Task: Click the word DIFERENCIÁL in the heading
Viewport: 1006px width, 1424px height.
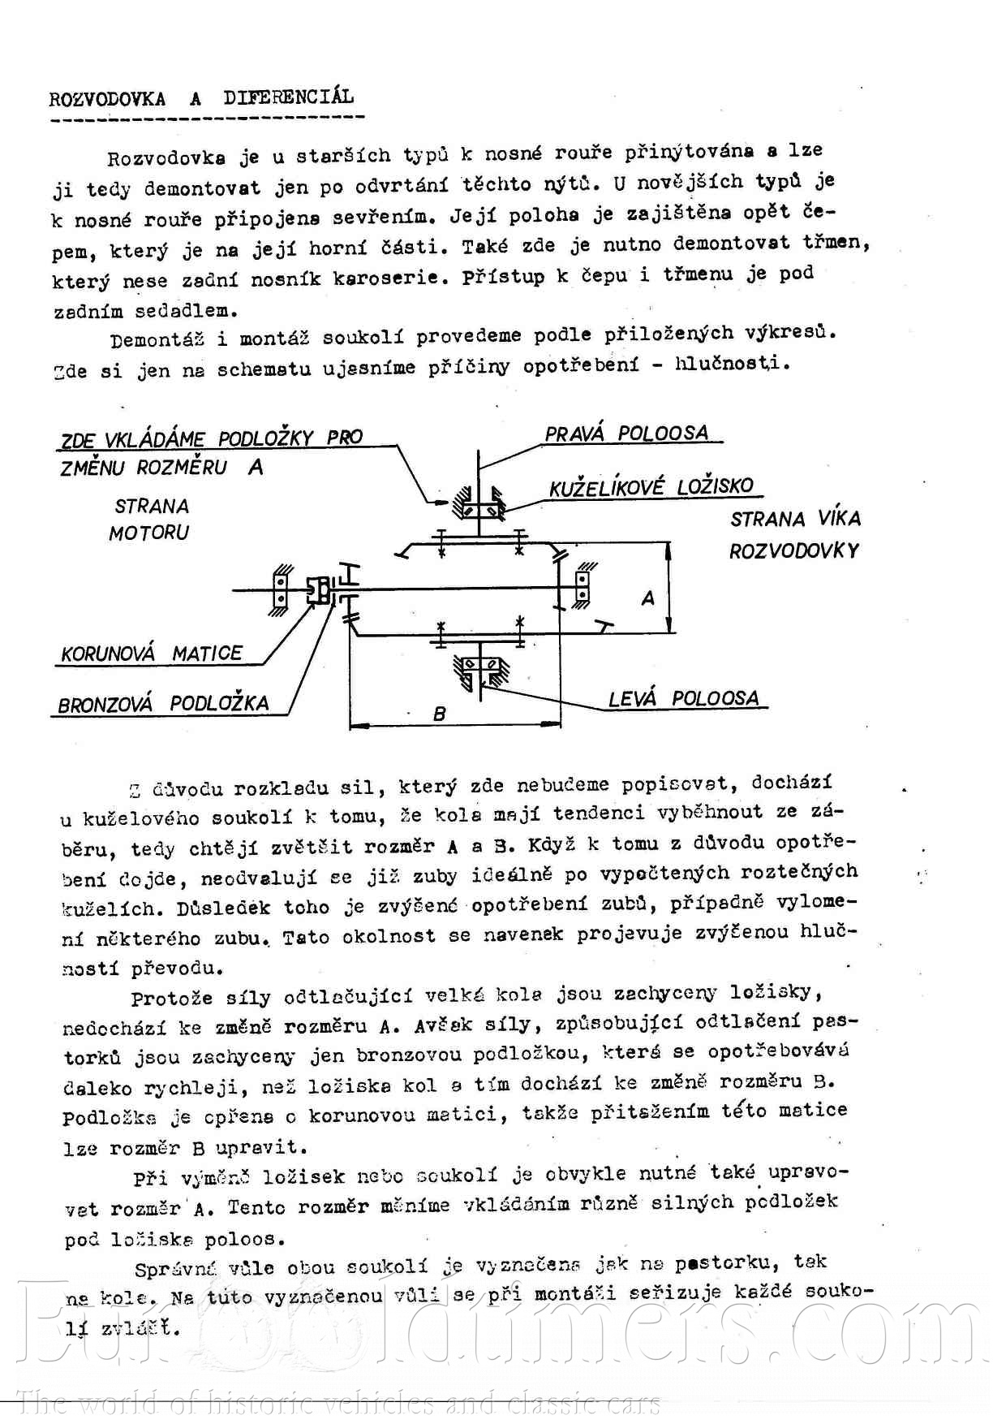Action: click(x=289, y=97)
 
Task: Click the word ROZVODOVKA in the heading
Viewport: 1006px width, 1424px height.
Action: click(x=107, y=100)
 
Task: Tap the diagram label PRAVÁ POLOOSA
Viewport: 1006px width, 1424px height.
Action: click(x=626, y=434)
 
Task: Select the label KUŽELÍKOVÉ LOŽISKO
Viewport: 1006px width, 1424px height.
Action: click(x=651, y=487)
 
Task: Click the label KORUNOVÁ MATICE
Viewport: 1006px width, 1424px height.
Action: click(x=152, y=654)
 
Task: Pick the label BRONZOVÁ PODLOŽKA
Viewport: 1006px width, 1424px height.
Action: click(x=163, y=704)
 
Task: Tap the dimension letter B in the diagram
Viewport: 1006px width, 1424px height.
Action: click(x=440, y=714)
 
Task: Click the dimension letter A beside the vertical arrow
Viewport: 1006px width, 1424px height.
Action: click(x=647, y=599)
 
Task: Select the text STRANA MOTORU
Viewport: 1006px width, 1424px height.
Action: click(x=150, y=520)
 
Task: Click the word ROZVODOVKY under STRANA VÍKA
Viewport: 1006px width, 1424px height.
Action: click(x=793, y=551)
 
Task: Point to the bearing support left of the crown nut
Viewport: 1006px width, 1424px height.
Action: click(x=280, y=589)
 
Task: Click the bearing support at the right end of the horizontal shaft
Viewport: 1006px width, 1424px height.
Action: click(x=582, y=586)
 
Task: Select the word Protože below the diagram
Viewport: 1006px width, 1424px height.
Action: click(x=172, y=998)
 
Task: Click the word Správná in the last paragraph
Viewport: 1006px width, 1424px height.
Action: click(x=176, y=1268)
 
